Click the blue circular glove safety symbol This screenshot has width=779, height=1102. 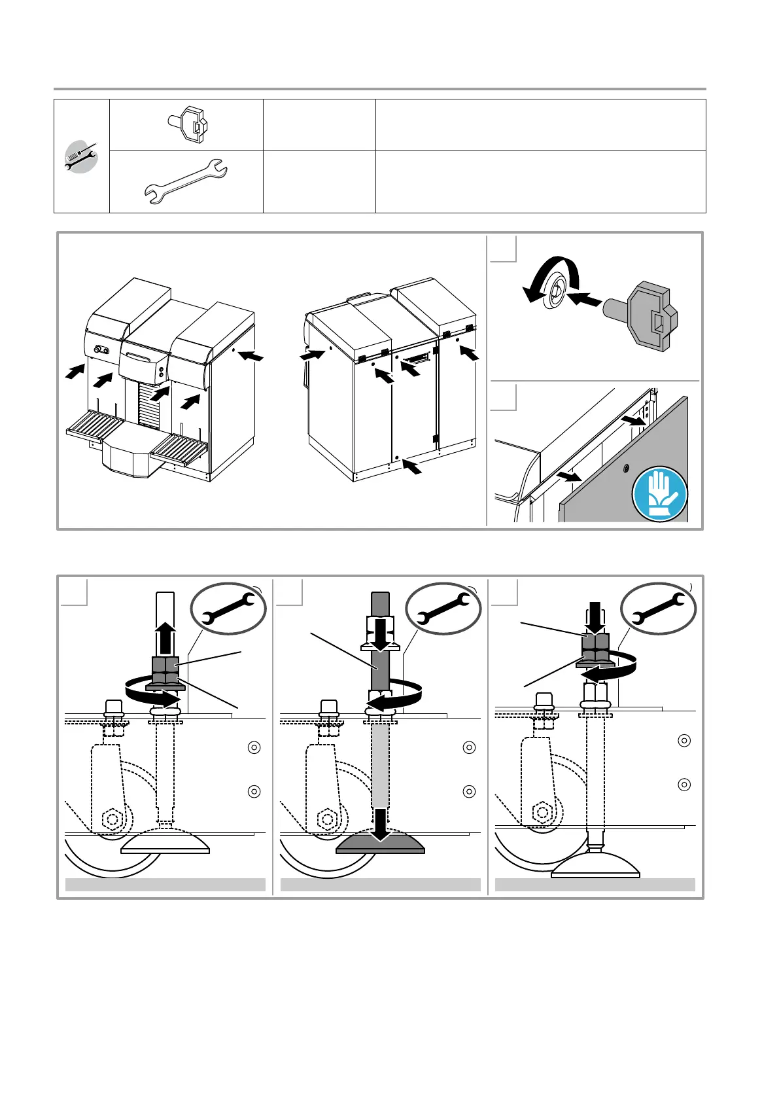[x=659, y=493]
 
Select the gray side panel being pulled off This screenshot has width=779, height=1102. [x=621, y=471]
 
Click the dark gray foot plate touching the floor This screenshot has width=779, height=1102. [x=380, y=844]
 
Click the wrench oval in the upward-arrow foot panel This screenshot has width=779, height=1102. [x=228, y=609]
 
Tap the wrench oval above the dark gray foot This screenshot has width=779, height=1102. [x=443, y=609]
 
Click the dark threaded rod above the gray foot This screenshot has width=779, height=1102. [x=380, y=661]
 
